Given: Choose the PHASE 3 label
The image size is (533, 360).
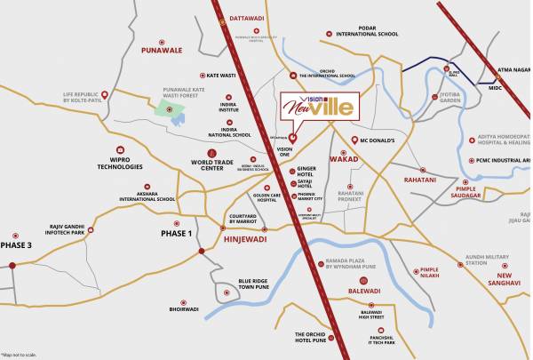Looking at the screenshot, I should [x=15, y=244].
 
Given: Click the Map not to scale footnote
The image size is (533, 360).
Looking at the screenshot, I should [x=20, y=354].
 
